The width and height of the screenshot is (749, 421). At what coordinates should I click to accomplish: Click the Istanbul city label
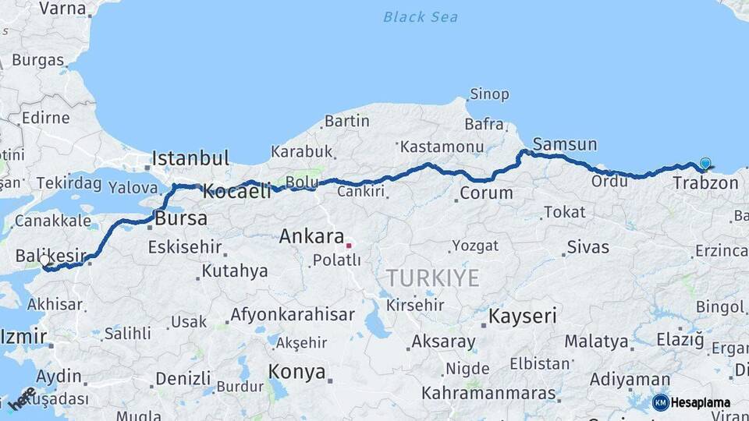[x=190, y=158]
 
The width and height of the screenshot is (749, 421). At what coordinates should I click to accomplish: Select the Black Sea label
[x=421, y=16]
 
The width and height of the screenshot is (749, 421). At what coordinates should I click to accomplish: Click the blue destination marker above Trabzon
[x=705, y=164]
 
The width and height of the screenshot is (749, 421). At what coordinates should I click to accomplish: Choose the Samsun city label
[x=565, y=144]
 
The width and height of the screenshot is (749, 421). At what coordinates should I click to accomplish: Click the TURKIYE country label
[x=433, y=278]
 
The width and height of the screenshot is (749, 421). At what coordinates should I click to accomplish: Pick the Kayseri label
[x=523, y=317]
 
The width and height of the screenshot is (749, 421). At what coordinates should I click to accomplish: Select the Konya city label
[x=296, y=372]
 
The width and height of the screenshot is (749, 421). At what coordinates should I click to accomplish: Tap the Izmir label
[x=23, y=338]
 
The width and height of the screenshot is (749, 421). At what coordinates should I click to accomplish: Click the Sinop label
[x=489, y=94]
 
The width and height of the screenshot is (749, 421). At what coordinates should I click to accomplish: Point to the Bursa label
[x=181, y=218]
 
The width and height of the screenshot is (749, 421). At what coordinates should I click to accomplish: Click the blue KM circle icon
[x=660, y=402]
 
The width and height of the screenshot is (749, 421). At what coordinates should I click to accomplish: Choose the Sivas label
[x=587, y=247]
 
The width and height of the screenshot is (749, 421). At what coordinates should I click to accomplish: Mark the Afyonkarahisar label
[x=292, y=316]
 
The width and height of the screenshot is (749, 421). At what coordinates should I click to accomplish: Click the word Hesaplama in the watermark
[x=701, y=403]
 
